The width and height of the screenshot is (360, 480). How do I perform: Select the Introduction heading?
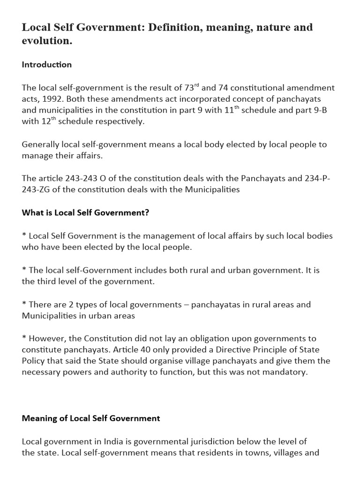pos(47,65)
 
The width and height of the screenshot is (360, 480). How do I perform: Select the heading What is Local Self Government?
pos(85,213)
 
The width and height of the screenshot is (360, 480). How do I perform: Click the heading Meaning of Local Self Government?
pos(91,418)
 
